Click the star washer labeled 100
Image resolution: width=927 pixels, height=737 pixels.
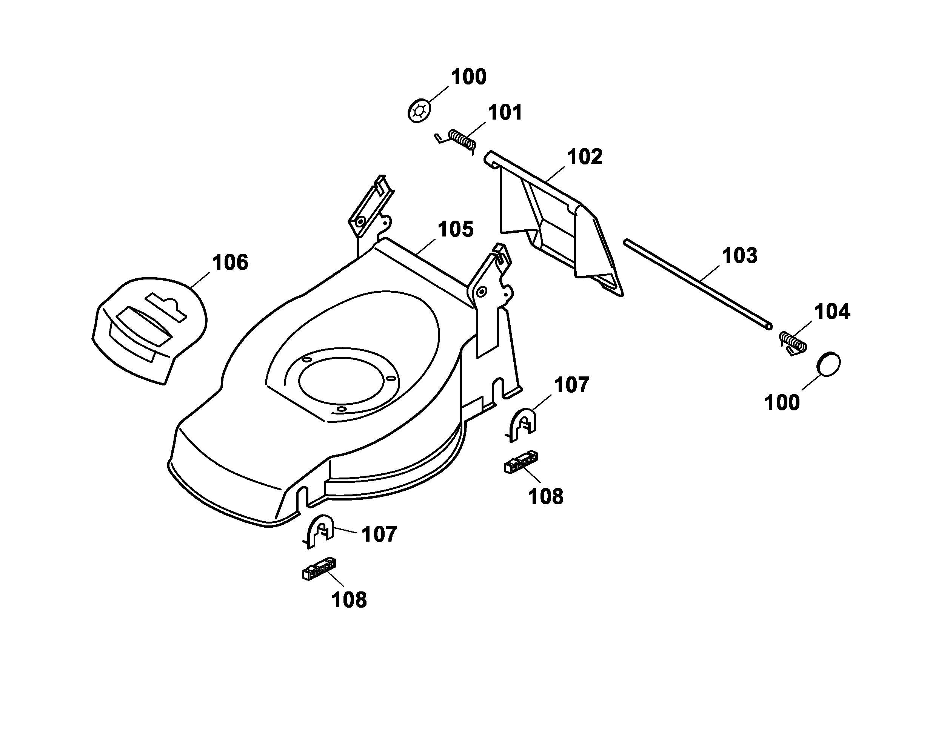coord(419,111)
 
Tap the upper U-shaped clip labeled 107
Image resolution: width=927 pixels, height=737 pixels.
coord(523,423)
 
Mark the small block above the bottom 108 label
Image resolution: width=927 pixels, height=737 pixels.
coord(319,570)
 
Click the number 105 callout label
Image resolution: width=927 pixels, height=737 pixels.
coord(455,229)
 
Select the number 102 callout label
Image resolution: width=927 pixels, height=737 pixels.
coord(585,157)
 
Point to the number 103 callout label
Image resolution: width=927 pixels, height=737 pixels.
coord(739,256)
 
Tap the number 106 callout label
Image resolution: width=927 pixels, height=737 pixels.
coord(230,263)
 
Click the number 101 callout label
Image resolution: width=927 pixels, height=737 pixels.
coord(505,113)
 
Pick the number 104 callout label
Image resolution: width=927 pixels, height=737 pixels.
coord(832,312)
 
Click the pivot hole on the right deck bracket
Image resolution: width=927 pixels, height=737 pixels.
coord(481,293)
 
